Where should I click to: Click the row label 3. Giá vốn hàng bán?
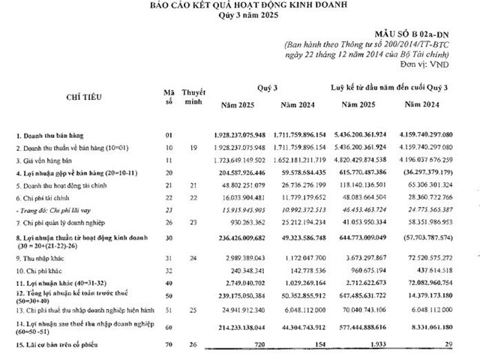(50, 160)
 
